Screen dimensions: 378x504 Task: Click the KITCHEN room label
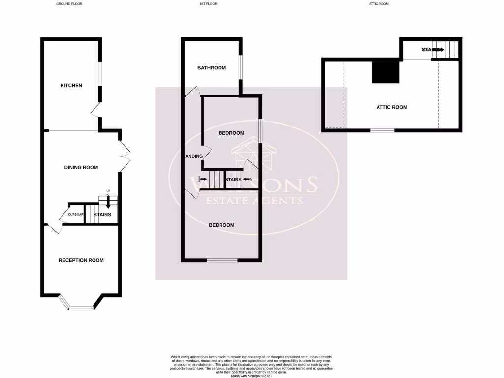point(71,85)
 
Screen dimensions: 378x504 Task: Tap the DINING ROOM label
point(81,167)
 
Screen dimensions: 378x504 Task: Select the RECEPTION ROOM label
point(81,260)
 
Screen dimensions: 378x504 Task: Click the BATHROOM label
point(212,68)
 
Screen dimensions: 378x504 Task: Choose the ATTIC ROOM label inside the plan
point(392,107)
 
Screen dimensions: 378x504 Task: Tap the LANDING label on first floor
point(193,156)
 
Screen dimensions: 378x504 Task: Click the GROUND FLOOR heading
point(69,3)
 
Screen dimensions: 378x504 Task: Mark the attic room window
point(382,130)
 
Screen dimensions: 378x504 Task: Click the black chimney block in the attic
point(385,70)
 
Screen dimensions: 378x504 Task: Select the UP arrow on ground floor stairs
point(108,197)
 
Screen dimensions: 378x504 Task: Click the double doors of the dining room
point(124,156)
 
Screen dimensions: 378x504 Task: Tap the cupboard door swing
point(63,217)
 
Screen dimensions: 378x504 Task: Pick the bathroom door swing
point(193,92)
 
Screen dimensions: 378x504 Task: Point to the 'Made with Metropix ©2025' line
point(252,376)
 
